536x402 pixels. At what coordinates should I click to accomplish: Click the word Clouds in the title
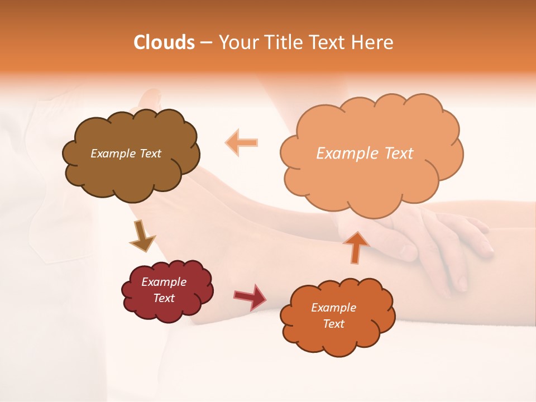164,42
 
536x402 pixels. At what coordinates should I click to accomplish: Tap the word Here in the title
372,42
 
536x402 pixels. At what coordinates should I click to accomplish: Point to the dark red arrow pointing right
250,296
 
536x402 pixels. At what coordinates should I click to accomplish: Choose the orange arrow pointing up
357,246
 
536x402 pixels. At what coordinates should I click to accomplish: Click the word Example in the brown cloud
112,154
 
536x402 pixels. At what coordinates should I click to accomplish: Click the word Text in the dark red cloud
164,298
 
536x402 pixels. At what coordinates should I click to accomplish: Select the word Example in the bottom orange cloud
333,308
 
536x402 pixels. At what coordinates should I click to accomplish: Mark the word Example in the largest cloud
345,154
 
